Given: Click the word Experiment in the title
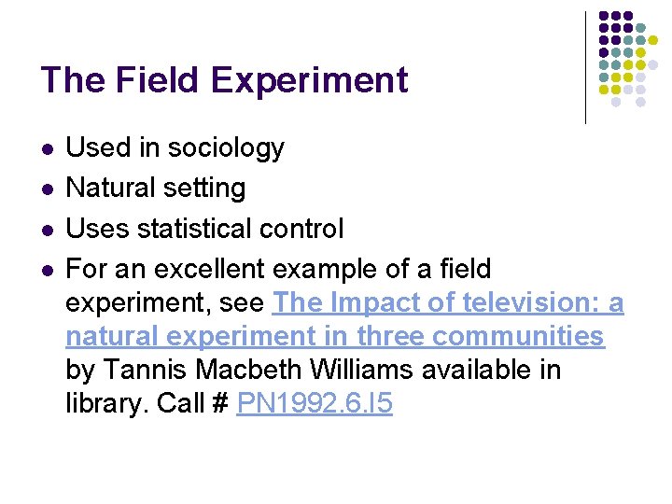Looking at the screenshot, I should pyautogui.click(x=309, y=82).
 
